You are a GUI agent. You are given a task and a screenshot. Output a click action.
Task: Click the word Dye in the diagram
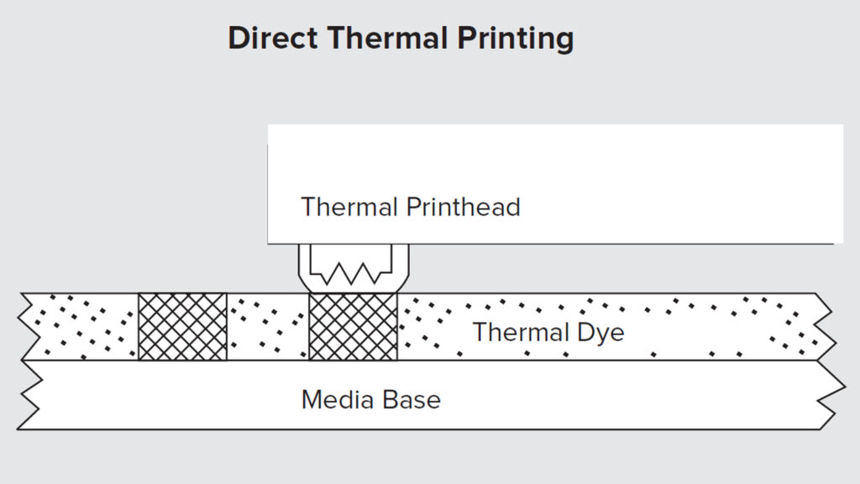click(x=600, y=333)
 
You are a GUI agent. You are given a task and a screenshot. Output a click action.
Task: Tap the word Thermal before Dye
click(x=517, y=332)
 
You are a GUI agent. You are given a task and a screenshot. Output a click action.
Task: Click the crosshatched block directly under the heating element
click(x=354, y=327)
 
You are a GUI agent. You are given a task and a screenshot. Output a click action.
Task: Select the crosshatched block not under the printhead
click(x=182, y=327)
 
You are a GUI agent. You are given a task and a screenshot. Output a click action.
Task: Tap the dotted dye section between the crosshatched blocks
click(x=267, y=327)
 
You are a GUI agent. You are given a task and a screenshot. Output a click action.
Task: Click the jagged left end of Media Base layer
click(x=29, y=395)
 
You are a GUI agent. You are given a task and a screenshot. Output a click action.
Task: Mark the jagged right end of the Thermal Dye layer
click(x=825, y=327)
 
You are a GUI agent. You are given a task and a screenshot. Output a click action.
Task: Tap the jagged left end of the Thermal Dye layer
click(x=27, y=327)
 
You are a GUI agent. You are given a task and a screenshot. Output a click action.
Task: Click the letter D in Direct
click(x=238, y=39)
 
